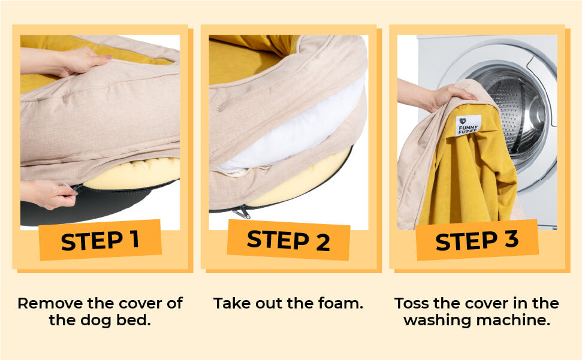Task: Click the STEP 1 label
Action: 100,240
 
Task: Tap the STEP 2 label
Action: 288,240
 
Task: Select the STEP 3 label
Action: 477,240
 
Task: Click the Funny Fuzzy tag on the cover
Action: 468,125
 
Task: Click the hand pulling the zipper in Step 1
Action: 49,193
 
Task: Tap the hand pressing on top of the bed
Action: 67,61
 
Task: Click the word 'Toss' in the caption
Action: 411,303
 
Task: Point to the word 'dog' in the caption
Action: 96,320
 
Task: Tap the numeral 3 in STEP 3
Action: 511,239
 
